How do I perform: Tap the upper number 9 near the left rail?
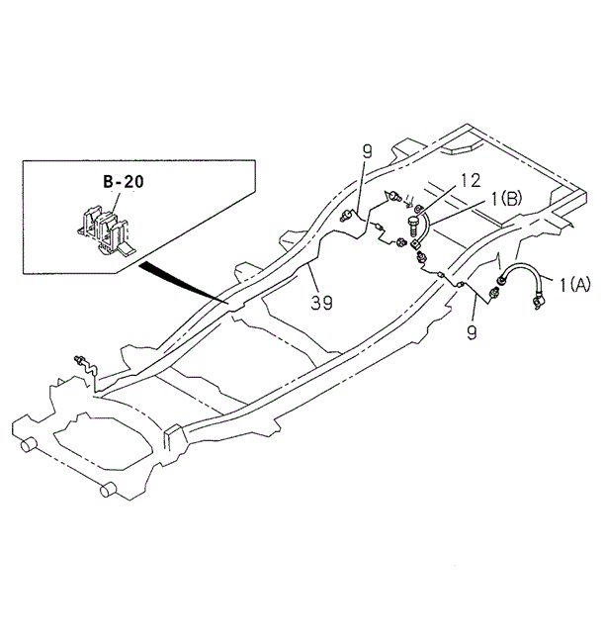[366, 151]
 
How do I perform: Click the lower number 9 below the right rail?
[472, 332]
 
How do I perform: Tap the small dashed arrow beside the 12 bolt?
[408, 205]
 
